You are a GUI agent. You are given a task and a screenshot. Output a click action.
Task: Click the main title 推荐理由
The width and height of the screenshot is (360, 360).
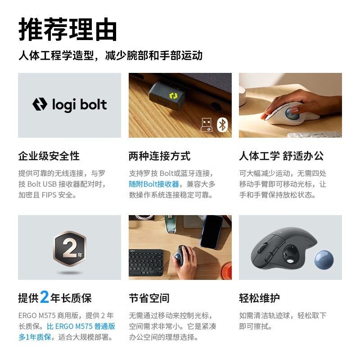tap(68, 29)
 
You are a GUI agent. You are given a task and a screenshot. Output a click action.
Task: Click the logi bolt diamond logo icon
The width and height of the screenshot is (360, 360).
tap(40, 104)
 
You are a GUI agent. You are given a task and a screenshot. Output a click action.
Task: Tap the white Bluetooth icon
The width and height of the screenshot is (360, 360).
tap(222, 125)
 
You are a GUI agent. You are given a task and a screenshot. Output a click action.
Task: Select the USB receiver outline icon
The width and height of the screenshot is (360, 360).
tap(207, 125)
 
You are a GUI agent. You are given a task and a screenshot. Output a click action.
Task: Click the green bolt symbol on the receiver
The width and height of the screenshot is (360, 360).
tap(173, 96)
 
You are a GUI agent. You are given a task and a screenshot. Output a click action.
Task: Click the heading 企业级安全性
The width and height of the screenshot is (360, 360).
tap(49, 156)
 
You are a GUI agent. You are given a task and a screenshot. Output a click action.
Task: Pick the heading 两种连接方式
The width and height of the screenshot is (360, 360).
tap(160, 156)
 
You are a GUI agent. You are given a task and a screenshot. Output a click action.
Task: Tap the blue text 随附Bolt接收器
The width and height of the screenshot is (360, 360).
tap(154, 184)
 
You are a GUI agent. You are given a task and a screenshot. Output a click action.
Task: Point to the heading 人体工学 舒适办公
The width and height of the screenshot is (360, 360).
tap(282, 156)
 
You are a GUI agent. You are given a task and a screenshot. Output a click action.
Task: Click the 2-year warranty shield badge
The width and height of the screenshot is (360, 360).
tap(70, 248)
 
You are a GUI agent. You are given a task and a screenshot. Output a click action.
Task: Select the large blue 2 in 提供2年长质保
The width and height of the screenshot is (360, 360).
tap(45, 297)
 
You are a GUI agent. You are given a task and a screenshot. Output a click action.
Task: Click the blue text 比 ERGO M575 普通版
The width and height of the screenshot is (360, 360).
tap(81, 326)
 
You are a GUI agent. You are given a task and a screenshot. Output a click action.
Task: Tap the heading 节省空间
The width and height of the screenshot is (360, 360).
tap(149, 298)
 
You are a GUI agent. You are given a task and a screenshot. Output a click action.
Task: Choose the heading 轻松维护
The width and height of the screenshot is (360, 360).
tap(260, 298)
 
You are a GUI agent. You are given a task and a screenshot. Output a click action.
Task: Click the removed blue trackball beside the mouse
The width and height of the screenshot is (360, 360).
tap(324, 260)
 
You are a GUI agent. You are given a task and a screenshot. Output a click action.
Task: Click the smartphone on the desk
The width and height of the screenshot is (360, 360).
tap(211, 232)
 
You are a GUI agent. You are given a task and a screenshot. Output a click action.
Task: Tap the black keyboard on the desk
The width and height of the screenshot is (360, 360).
tap(146, 263)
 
